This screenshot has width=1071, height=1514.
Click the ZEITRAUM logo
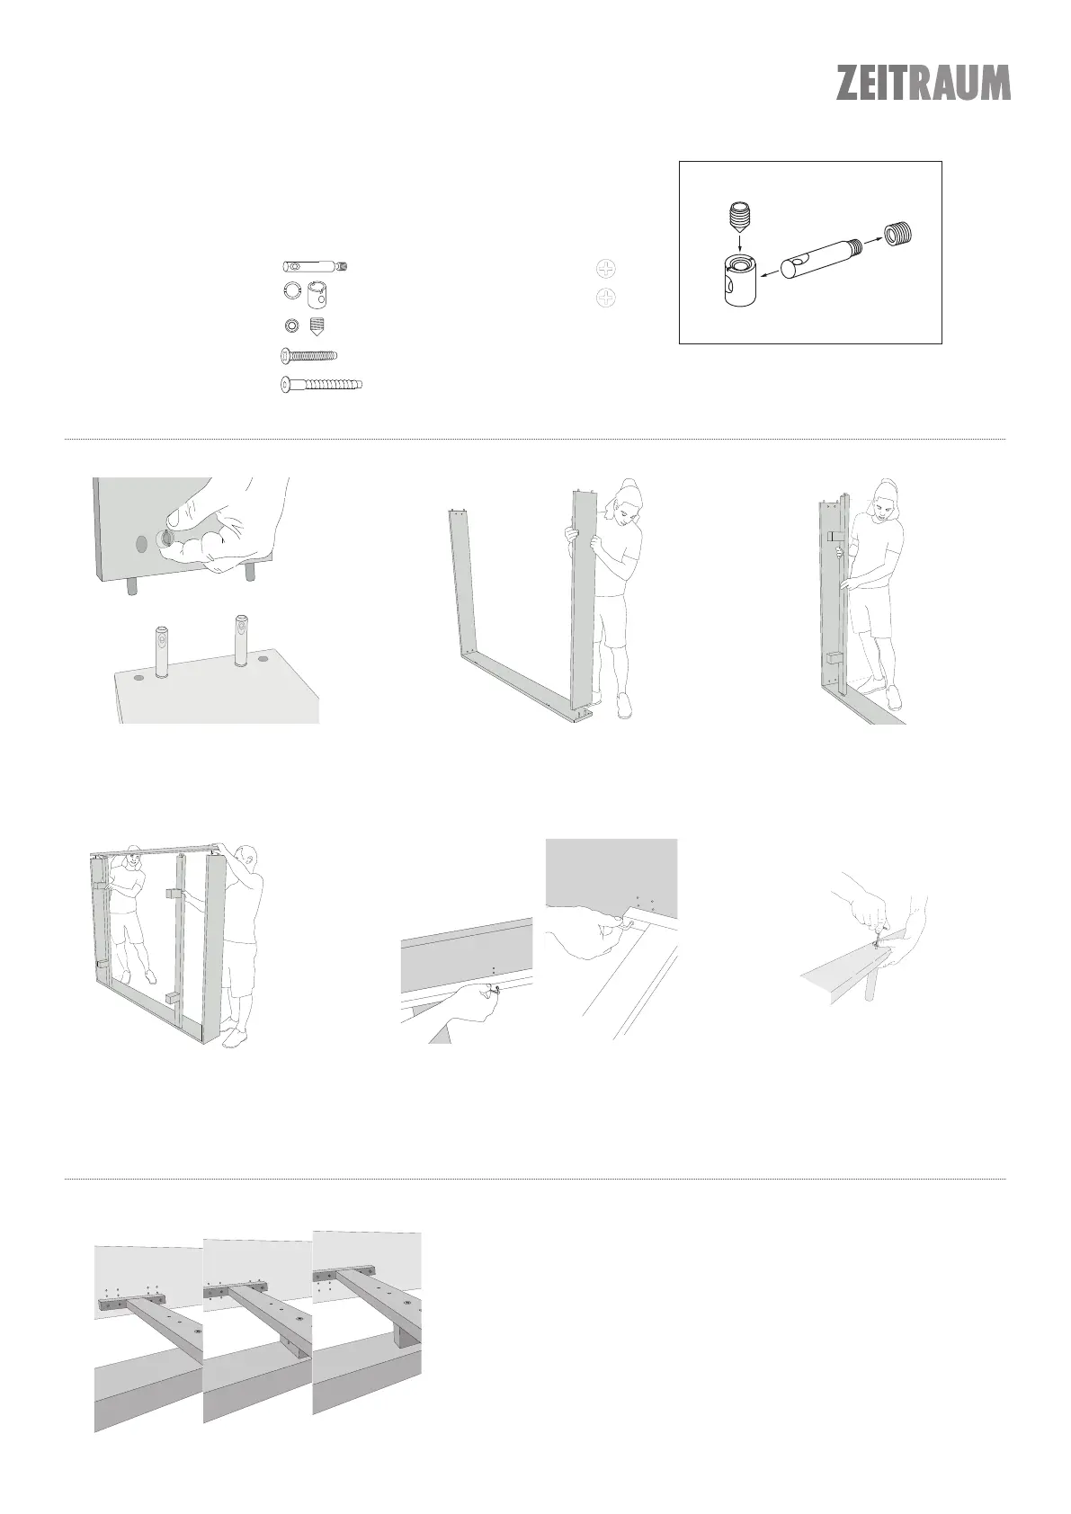pyautogui.click(x=924, y=83)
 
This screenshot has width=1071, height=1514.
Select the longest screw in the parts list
pyautogui.click(x=323, y=385)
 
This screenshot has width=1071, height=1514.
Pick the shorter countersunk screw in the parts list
pyautogui.click(x=308, y=355)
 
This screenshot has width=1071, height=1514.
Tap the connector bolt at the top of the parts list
pyautogui.click(x=316, y=267)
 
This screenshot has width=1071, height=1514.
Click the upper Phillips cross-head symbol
pyautogui.click(x=608, y=268)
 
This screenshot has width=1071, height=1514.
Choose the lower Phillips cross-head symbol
pyautogui.click(x=608, y=297)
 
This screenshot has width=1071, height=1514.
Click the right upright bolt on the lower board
pyautogui.click(x=240, y=639)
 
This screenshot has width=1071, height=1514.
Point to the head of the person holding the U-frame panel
pyautogui.click(x=629, y=502)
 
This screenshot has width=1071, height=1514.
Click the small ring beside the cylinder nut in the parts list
pyautogui.click(x=290, y=289)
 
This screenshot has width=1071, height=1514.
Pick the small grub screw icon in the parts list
pyautogui.click(x=316, y=325)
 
